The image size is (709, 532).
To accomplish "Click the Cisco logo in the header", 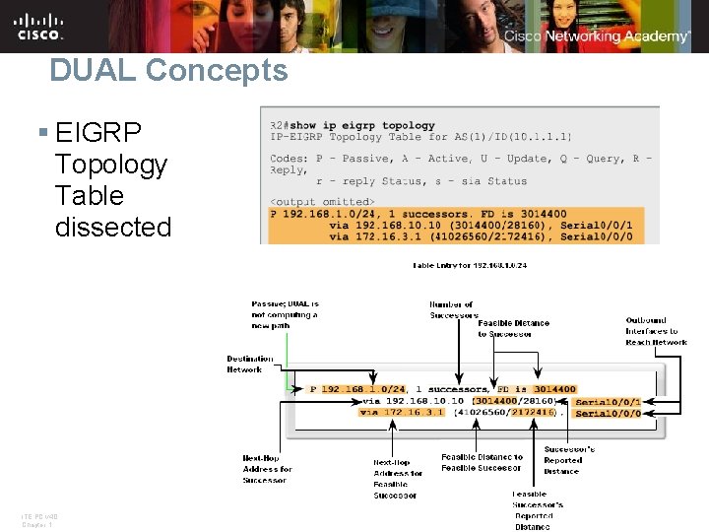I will coord(39,26).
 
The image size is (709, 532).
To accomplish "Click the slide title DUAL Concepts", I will coord(168,70).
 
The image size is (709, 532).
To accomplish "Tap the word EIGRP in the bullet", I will coord(98,132).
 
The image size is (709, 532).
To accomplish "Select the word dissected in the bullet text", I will coord(113,227).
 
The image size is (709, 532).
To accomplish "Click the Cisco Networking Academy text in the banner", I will coord(597,36).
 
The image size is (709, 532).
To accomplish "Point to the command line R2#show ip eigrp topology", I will coord(353,125).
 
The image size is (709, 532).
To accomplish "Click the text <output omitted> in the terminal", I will coord(322,202).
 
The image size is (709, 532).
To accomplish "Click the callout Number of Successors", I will coord(451,310).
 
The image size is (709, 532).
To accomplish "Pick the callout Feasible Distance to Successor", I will coord(513,329).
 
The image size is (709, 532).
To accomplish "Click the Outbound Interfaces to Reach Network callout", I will coord(656,331).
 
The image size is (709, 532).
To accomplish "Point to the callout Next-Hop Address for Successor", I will coord(267,469).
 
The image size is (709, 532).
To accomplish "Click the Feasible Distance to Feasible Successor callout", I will coord(482,463).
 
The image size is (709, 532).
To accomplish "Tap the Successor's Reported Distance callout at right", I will coord(568,460).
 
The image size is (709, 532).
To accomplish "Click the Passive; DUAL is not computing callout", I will coord(285,314).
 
